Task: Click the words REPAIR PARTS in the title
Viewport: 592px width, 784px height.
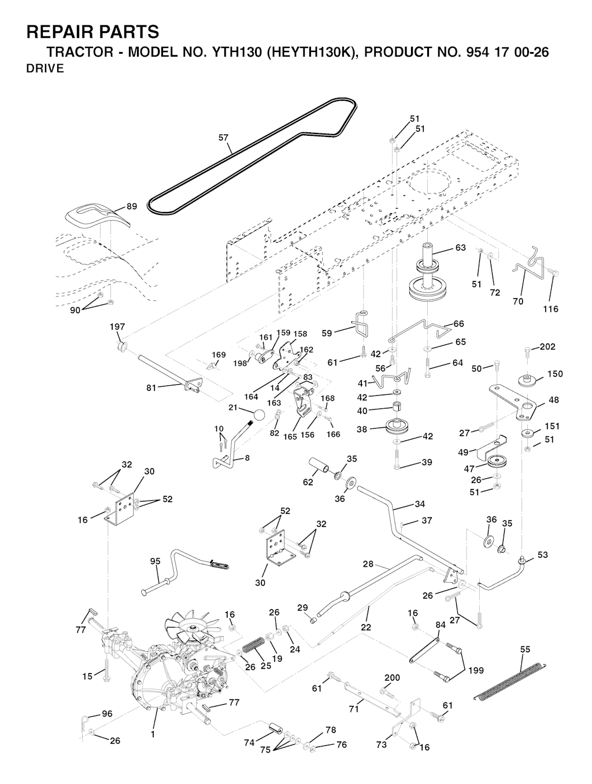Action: click(92, 31)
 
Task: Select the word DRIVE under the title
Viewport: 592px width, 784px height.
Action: click(45, 69)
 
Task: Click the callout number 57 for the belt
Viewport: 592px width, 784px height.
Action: click(223, 138)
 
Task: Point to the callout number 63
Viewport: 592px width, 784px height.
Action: click(460, 248)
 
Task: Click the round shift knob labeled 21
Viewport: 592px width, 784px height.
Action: click(259, 416)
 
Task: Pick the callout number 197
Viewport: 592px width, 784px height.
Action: click(117, 327)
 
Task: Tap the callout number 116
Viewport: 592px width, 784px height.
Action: click(550, 309)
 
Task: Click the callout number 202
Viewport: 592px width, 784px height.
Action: click(547, 347)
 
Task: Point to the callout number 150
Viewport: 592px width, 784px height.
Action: click(554, 374)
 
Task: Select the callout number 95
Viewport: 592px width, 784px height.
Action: click(155, 561)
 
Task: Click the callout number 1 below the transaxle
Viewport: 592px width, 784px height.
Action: click(153, 734)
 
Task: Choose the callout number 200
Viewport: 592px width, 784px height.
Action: click(392, 678)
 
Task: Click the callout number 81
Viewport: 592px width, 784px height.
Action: click(151, 388)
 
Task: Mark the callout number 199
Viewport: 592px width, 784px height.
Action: click(476, 671)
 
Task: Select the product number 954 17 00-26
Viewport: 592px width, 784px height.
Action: click(504, 52)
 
